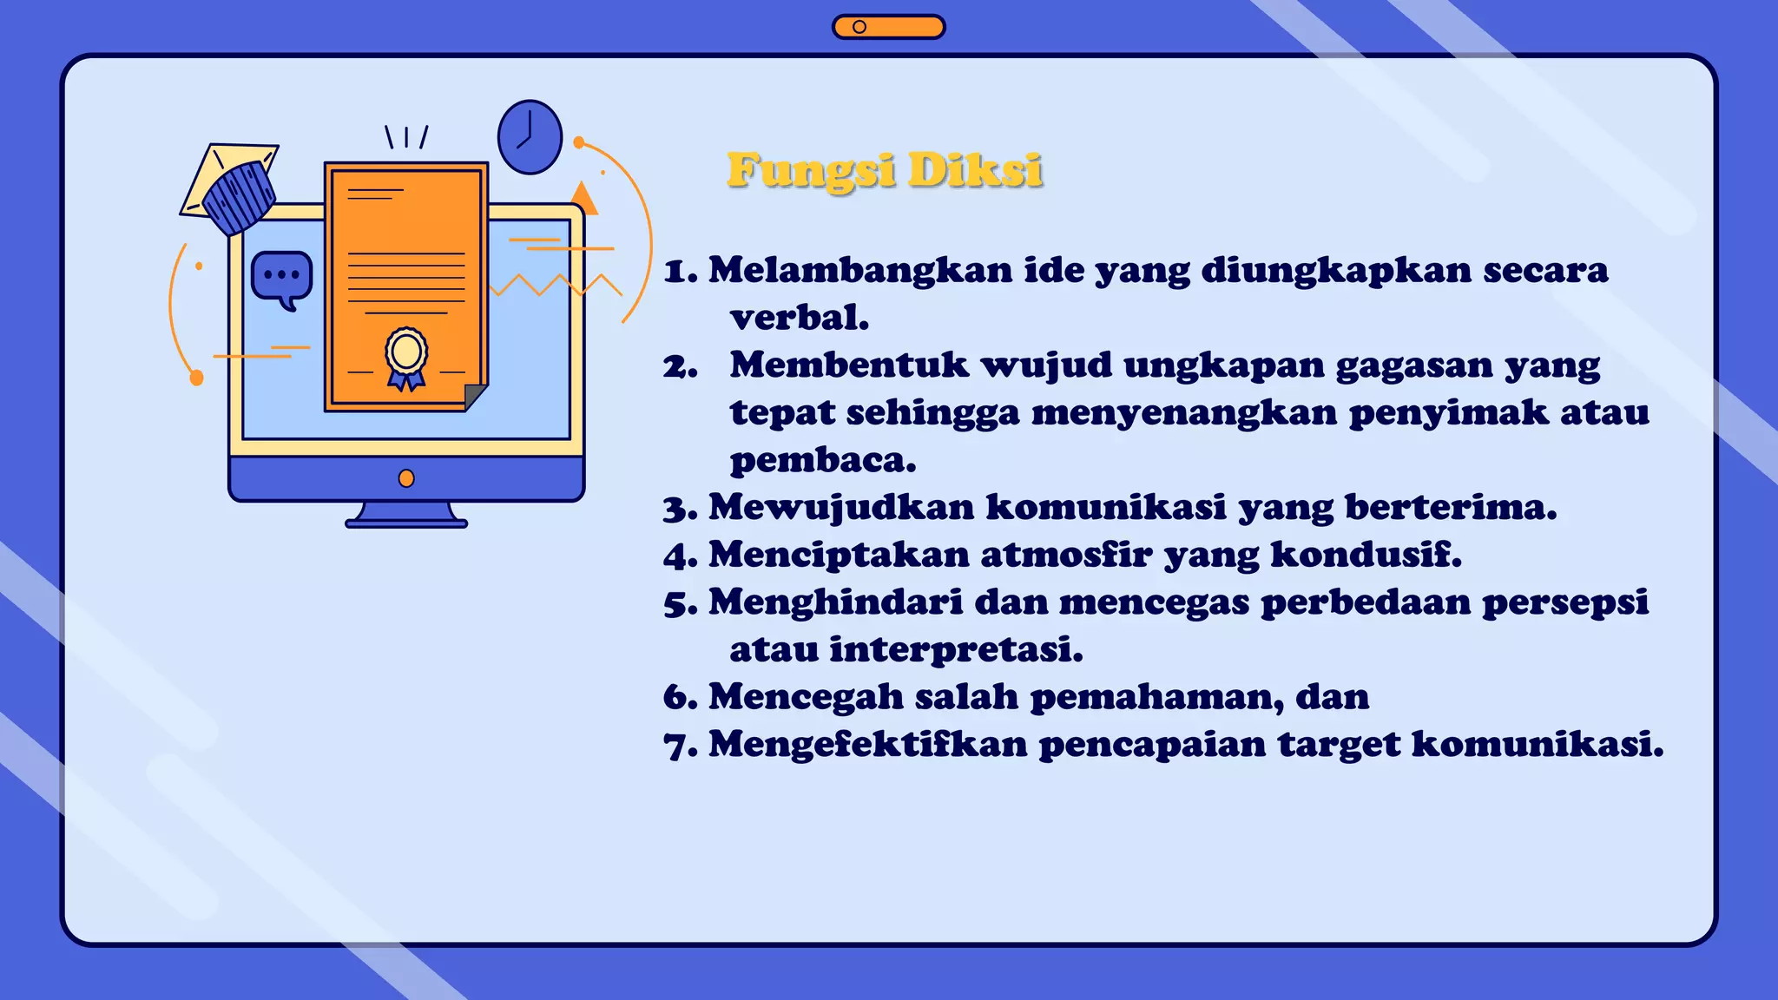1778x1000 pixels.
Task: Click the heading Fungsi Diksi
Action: pyautogui.click(x=885, y=170)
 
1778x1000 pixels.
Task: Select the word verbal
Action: pyautogui.click(x=800, y=319)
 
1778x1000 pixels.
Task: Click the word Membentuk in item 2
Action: pyautogui.click(x=849, y=365)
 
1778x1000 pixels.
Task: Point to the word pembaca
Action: pyautogui.click(x=823, y=460)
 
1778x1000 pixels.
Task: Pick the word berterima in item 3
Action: pyautogui.click(x=1451, y=508)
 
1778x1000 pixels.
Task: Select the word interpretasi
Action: pyautogui.click(x=956, y=649)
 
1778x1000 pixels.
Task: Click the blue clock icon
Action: pyautogui.click(x=530, y=137)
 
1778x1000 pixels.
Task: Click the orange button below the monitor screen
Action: pyautogui.click(x=406, y=478)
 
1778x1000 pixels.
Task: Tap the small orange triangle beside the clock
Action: pyautogui.click(x=585, y=200)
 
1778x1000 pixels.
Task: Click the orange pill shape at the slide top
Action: pyautogui.click(x=888, y=27)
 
